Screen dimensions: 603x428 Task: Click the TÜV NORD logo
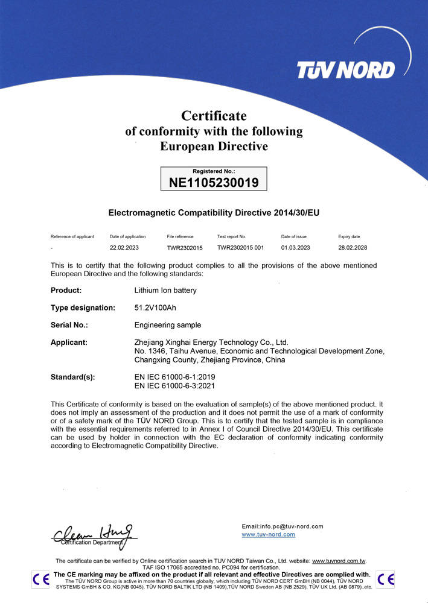(x=345, y=69)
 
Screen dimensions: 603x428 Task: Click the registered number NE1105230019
(x=214, y=182)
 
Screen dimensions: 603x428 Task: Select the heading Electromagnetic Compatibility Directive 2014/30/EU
(x=214, y=213)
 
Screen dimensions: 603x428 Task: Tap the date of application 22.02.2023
(x=124, y=248)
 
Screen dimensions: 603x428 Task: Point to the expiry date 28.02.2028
(x=353, y=248)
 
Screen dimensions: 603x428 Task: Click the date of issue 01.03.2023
(x=295, y=248)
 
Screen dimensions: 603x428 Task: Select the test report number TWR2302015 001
(x=240, y=248)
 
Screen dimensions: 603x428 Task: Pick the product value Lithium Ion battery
(x=165, y=290)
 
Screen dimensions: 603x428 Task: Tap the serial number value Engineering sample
(x=167, y=325)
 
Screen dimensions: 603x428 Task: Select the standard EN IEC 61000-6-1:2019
(x=174, y=377)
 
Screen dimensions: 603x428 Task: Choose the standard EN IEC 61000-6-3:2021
(x=174, y=385)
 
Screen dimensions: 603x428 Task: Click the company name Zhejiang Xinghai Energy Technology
(x=211, y=343)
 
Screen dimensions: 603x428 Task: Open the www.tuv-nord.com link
(x=268, y=534)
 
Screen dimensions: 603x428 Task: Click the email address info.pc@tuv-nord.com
(x=282, y=526)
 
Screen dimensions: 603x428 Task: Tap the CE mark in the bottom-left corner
(x=40, y=579)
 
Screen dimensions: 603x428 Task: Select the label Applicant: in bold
(x=69, y=343)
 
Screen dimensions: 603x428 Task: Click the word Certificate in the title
(x=214, y=115)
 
